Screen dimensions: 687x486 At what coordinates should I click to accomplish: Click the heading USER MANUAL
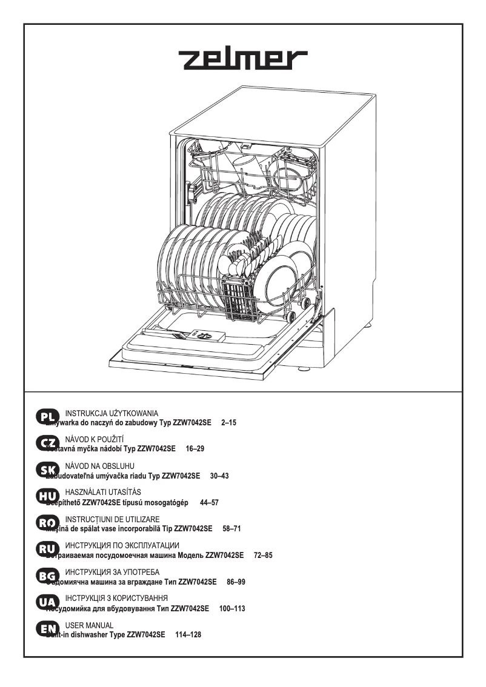pyautogui.click(x=89, y=625)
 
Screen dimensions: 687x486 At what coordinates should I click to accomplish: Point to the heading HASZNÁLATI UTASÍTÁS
pyautogui.click(x=102, y=492)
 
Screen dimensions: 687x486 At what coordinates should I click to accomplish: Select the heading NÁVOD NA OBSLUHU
pyautogui.click(x=99, y=465)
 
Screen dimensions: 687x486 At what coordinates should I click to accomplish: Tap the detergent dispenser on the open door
pyautogui.click(x=201, y=335)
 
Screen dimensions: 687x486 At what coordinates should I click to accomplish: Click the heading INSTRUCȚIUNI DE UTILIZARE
pyautogui.click(x=112, y=519)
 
